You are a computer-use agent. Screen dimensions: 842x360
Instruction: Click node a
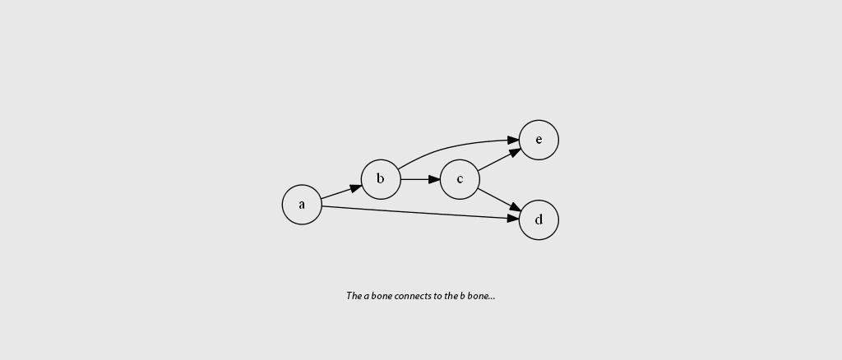click(x=302, y=205)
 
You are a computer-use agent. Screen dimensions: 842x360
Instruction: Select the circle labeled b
click(x=381, y=179)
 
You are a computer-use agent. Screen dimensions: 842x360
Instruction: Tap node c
click(x=460, y=179)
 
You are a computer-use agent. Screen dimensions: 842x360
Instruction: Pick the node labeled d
click(x=539, y=220)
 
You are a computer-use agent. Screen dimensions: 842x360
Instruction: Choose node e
click(x=539, y=140)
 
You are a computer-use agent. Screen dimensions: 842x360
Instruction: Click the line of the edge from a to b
click(x=335, y=194)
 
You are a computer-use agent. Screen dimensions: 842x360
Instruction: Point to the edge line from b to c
click(x=415, y=179)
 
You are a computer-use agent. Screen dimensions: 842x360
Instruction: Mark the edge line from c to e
click(x=493, y=163)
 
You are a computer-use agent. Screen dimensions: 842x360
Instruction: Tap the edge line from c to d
click(x=494, y=197)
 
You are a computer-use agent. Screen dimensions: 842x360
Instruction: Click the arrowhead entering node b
click(x=356, y=188)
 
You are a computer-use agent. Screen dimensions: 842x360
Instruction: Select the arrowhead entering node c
click(x=434, y=179)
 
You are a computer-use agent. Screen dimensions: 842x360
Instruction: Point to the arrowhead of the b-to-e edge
click(x=513, y=141)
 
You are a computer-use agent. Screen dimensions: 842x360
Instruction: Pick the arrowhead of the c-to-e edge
click(x=515, y=152)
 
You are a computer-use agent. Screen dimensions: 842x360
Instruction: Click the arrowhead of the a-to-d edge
click(x=513, y=219)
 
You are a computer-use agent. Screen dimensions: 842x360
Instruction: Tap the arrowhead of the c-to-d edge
click(x=515, y=207)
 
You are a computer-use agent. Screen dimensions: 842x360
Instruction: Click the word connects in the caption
click(x=413, y=296)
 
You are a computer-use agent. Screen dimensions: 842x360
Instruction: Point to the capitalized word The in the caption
click(x=354, y=296)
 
